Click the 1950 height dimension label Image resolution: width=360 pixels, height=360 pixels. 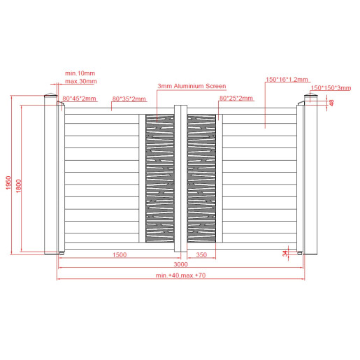(8, 182)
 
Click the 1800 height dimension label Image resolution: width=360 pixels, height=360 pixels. (18, 186)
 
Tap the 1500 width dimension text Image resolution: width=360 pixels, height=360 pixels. (120, 254)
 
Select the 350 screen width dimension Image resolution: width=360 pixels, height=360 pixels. (201, 254)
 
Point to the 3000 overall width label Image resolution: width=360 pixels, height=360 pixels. (180, 264)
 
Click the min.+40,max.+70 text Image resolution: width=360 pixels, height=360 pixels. (180, 275)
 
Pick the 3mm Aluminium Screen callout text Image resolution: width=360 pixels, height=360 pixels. (192, 86)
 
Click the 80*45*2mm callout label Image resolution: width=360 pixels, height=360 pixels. (79, 99)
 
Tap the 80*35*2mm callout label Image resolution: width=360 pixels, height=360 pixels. (129, 99)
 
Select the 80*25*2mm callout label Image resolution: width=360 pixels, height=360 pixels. (236, 98)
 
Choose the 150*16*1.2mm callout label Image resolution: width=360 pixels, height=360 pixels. (287, 80)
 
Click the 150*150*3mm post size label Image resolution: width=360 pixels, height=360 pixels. (331, 88)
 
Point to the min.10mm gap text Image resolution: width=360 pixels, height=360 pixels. (80, 73)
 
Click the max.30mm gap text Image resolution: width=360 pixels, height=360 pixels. (81, 81)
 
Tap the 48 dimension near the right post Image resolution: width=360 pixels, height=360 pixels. (332, 103)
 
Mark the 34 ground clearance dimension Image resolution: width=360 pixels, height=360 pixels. (285, 253)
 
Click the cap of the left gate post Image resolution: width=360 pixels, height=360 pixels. (51, 95)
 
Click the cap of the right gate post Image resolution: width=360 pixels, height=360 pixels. (310, 95)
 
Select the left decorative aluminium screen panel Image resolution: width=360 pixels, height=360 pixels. (160, 178)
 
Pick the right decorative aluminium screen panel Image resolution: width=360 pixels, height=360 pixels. (201, 178)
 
